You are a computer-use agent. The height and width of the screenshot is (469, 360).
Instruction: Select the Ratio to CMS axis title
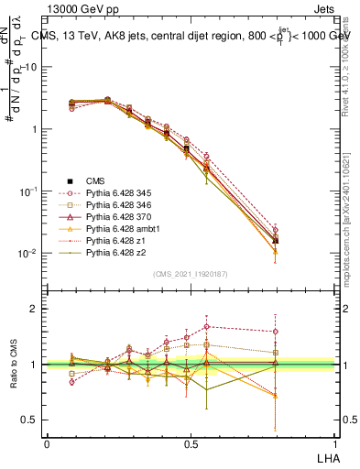(12, 365)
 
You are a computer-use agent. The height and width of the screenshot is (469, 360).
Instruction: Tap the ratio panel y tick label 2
(35, 309)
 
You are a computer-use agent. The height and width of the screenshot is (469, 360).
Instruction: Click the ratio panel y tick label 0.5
(30, 420)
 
